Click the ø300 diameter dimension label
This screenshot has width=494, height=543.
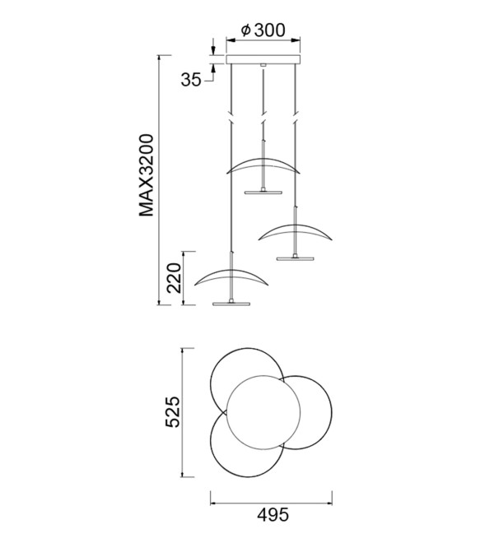tap(263, 30)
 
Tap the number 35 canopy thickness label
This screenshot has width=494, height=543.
tap(191, 80)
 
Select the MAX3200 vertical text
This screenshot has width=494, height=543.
tap(147, 175)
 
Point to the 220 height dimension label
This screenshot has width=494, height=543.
tap(174, 278)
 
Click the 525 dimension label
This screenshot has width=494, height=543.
tap(173, 411)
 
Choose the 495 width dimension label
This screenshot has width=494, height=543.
tap(273, 515)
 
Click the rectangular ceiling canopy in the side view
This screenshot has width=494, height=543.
tap(263, 59)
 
